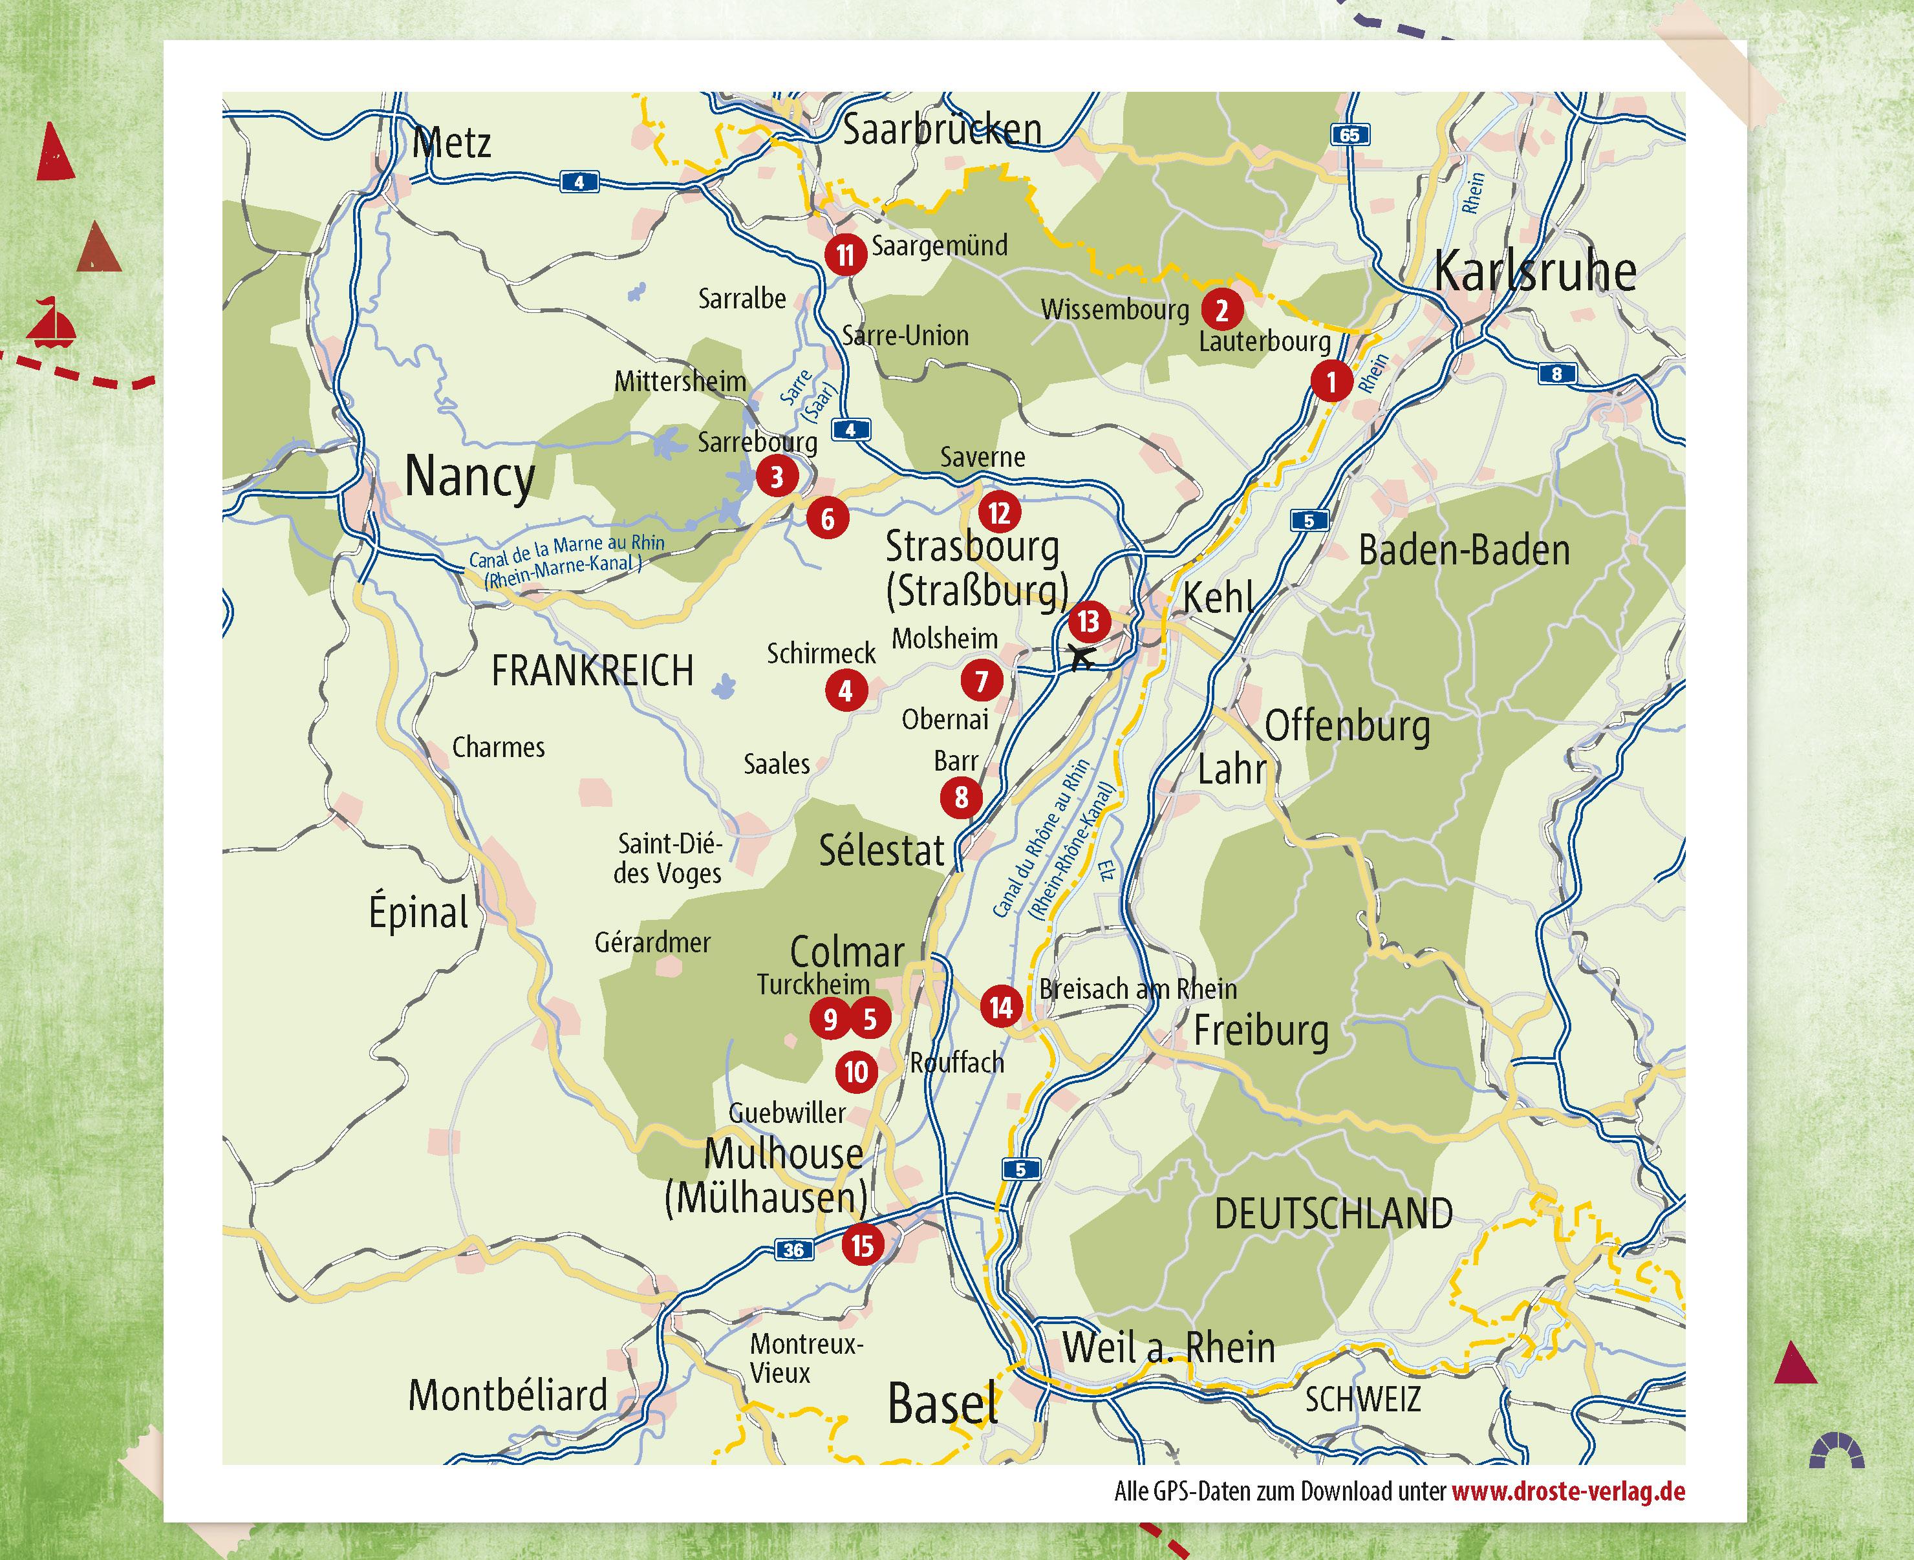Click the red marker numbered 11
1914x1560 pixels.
pos(844,255)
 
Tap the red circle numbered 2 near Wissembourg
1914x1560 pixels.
pos(1221,311)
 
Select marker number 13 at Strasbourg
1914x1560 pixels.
pos(1088,621)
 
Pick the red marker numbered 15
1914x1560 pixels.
pos(862,1246)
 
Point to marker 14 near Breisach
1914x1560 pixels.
pos(1001,1007)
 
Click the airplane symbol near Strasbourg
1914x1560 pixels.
pos(1082,657)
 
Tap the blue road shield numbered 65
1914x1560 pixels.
pos(1349,134)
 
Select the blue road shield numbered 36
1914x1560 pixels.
pos(793,1250)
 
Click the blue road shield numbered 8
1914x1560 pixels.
pos(1556,374)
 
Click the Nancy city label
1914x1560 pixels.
pos(469,476)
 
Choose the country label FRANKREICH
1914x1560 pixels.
pos(592,671)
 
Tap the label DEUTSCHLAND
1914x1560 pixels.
pos(1333,1214)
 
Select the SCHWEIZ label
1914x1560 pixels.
pos(1362,1399)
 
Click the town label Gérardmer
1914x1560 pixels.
pos(652,943)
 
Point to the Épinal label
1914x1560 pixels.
pos(419,912)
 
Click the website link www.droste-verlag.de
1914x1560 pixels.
pos(1568,1491)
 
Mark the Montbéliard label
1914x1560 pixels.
pos(508,1396)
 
